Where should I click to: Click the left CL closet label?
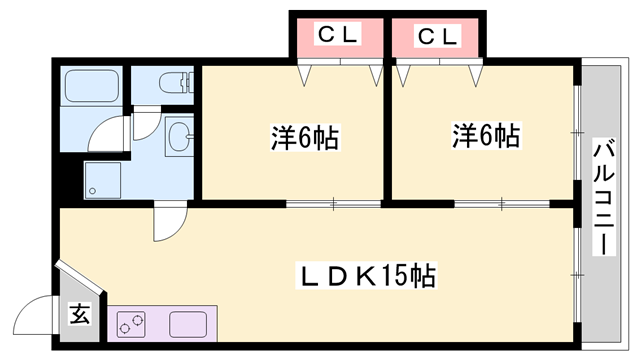[337, 37]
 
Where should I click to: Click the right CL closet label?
[437, 37]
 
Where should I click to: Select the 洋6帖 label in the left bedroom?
[304, 137]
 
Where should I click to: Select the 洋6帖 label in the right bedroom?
[484, 135]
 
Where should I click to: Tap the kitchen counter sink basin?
[188, 324]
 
